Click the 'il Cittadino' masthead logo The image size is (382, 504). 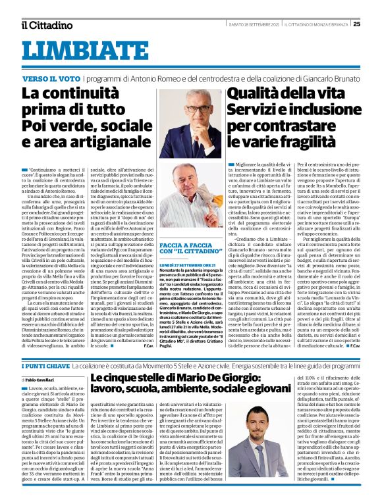coord(45,25)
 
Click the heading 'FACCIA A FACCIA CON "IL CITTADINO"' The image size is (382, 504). coord(191,247)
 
